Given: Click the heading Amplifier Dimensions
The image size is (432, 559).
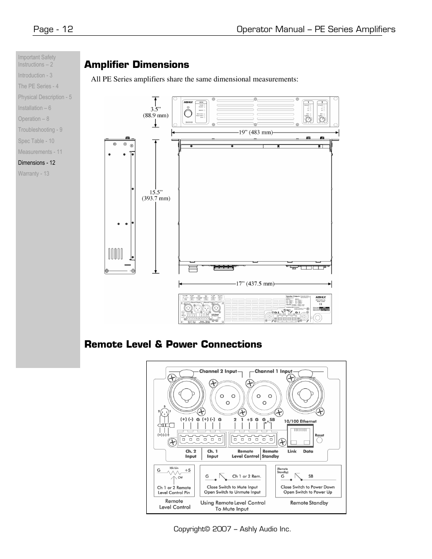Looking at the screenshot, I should (x=136, y=65).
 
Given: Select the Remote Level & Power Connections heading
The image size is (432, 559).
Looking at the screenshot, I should (x=173, y=344).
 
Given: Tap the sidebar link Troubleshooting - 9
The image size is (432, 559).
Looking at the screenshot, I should (x=40, y=130).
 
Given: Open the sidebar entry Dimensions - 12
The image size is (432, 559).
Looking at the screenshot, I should (x=37, y=163).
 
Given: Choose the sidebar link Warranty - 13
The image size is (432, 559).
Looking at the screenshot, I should (x=34, y=174).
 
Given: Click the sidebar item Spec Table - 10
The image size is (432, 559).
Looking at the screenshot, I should (x=36, y=141).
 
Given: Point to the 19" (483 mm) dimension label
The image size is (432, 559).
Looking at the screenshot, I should (x=255, y=132).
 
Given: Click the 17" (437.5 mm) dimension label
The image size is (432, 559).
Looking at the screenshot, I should (x=255, y=284).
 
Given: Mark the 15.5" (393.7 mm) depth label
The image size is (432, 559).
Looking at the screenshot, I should (x=156, y=195).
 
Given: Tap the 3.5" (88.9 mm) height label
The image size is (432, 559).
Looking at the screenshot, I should (x=156, y=112).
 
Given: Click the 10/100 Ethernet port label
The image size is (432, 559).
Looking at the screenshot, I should (x=300, y=421).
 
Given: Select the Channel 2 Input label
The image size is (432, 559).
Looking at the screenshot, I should (x=218, y=371).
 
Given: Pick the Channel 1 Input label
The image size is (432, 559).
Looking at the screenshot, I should (x=274, y=371).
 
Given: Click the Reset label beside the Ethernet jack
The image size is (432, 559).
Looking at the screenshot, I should (x=319, y=435).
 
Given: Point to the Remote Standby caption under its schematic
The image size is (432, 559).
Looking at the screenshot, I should (x=309, y=503).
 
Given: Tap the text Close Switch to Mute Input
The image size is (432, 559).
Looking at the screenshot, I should (x=232, y=487).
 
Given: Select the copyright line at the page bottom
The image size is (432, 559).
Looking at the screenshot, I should (x=232, y=529).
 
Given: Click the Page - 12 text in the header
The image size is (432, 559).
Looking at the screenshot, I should (x=53, y=29).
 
